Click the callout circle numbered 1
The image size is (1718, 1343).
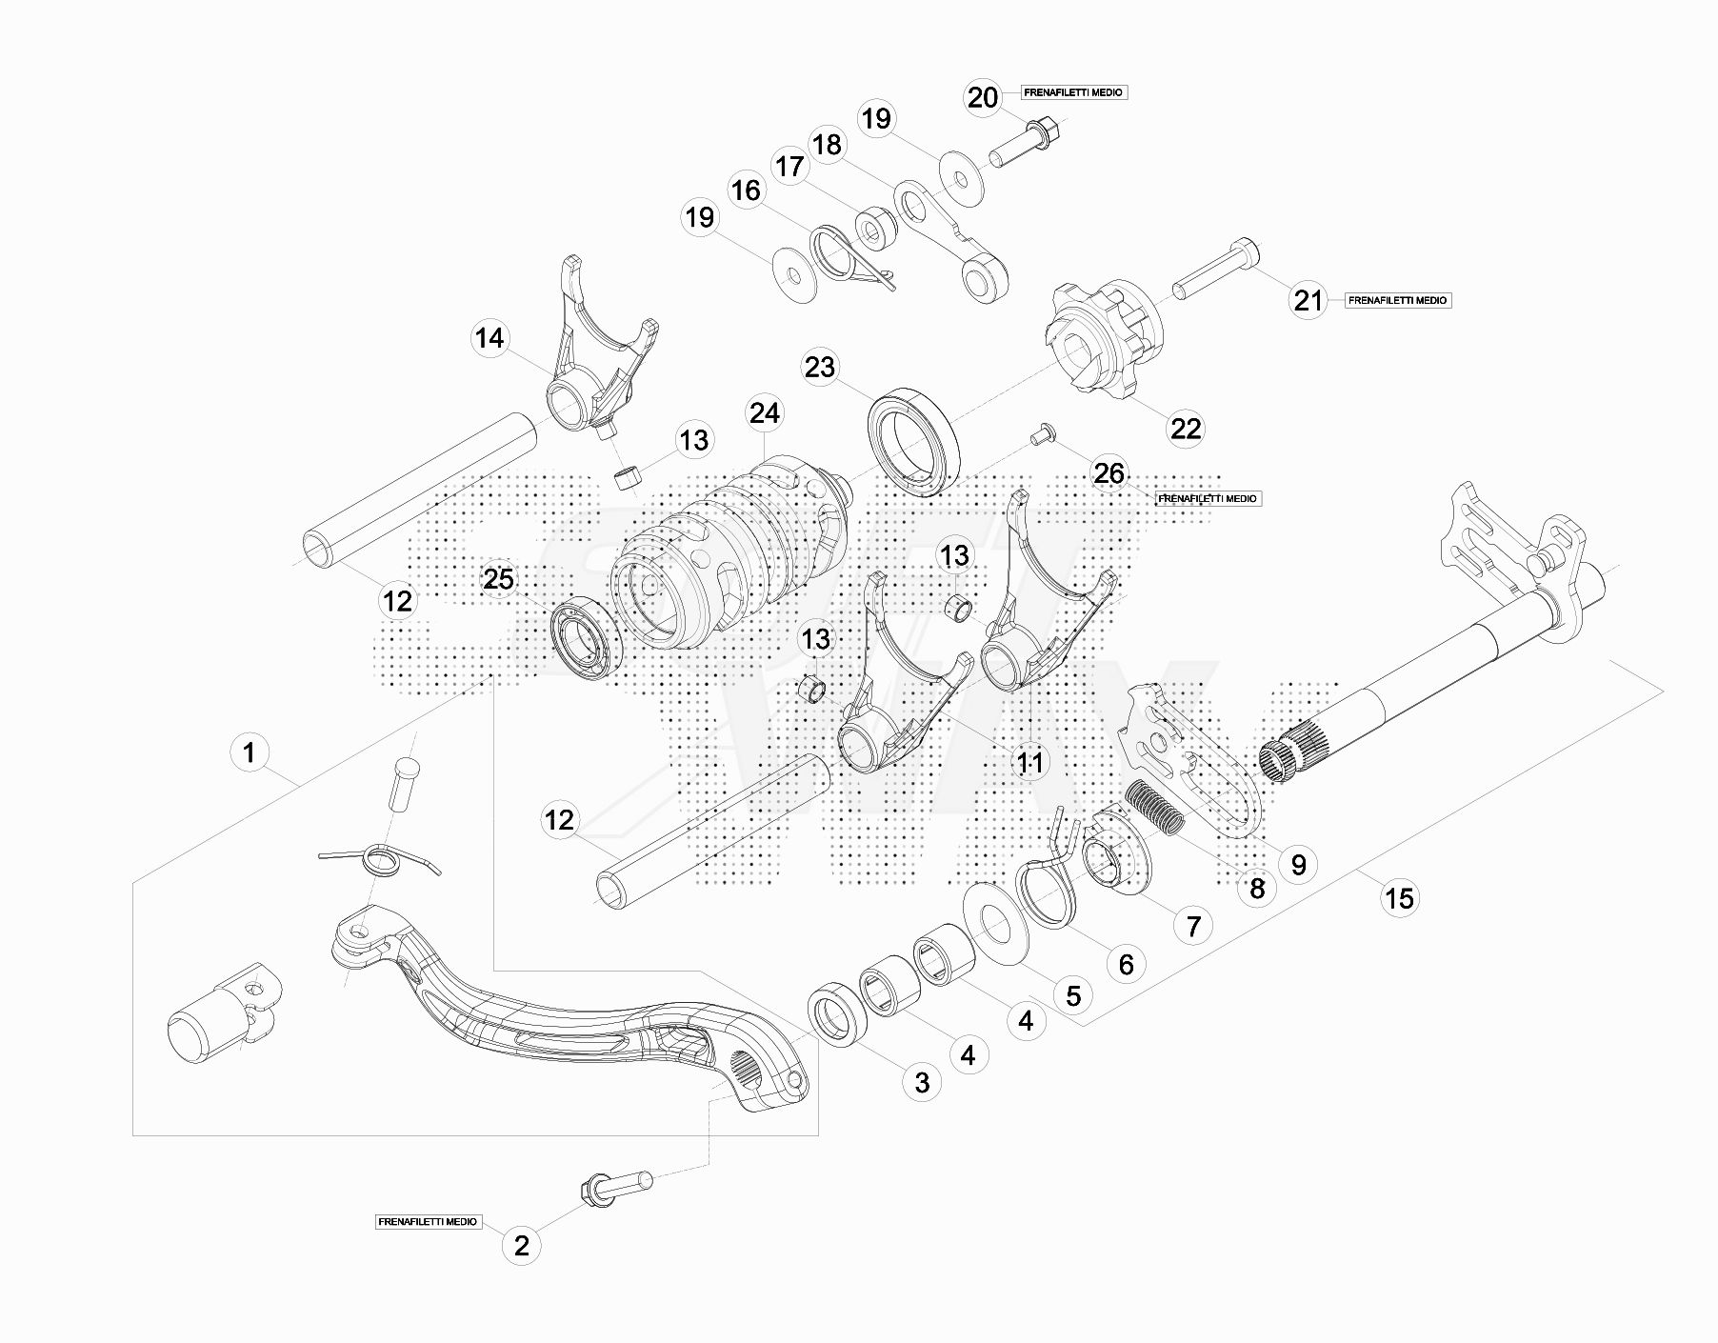point(250,753)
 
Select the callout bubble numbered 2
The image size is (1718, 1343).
point(521,1245)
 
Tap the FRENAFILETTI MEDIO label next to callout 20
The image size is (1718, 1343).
point(1073,93)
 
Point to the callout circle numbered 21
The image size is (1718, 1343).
point(1308,301)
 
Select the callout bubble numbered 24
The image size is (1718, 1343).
point(765,413)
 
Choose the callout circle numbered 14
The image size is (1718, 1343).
point(490,338)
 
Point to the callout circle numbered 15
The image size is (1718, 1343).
point(1400,898)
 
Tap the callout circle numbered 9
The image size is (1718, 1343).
point(1298,864)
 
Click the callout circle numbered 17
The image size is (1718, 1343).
point(789,168)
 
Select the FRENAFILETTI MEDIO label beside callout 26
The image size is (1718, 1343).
point(1208,498)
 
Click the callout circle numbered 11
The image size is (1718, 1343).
point(1030,763)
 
